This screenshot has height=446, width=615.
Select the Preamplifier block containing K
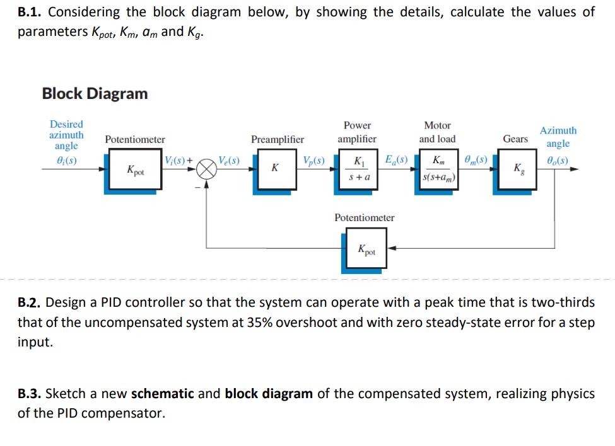click(276, 169)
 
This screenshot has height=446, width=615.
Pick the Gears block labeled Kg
click(517, 169)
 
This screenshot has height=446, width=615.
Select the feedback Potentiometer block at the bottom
click(366, 248)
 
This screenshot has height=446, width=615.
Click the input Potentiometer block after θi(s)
click(135, 169)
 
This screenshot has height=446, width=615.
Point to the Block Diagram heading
click(95, 94)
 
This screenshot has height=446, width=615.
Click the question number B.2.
click(30, 302)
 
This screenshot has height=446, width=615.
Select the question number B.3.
click(30, 394)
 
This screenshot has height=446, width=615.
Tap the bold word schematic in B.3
click(162, 394)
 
